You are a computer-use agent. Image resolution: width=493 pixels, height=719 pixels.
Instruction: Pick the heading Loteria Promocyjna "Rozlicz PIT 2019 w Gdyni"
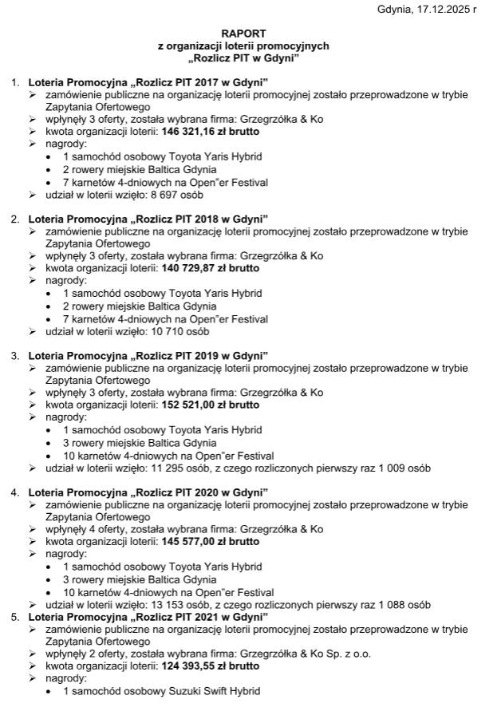(148, 355)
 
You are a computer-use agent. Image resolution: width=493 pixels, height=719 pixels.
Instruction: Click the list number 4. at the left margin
(15, 492)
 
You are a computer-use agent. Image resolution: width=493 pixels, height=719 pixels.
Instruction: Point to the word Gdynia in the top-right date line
(395, 10)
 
